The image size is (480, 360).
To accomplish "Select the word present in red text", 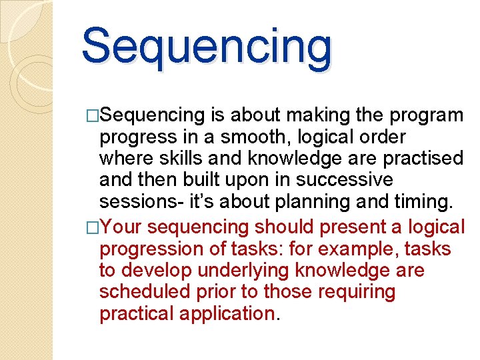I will pos(352,227).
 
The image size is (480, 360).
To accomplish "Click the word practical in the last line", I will pos(137,313).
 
